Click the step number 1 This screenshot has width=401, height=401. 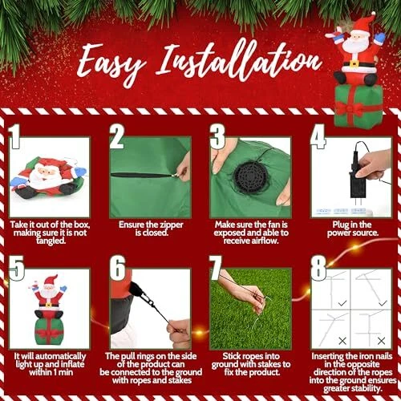pyautogui.click(x=14, y=136)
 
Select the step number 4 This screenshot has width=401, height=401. pyautogui.click(x=318, y=136)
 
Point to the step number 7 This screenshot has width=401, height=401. pyautogui.click(x=216, y=267)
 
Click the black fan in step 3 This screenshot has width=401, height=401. pyautogui.click(x=250, y=177)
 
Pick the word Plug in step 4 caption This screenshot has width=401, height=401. pyautogui.click(x=339, y=225)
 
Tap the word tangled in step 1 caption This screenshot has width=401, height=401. pyautogui.click(x=51, y=241)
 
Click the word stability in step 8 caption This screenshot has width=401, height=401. pyautogui.click(x=365, y=388)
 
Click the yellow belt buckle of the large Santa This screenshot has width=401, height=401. pyautogui.click(x=354, y=63)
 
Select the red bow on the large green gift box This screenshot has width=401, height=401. pyautogui.click(x=350, y=109)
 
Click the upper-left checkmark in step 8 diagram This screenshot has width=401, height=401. pyautogui.click(x=342, y=303)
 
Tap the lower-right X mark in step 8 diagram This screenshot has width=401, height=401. pyautogui.click(x=381, y=341)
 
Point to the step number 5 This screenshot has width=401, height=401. pyautogui.click(x=16, y=268)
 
